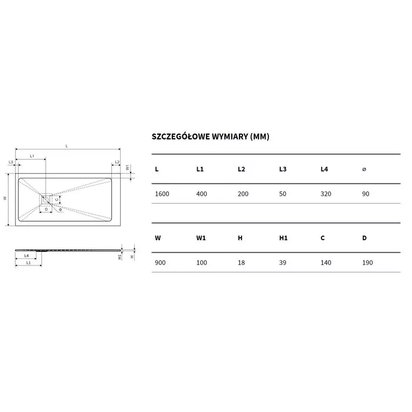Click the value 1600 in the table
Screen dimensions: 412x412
coord(162,194)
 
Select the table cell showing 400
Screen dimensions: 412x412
coord(202,194)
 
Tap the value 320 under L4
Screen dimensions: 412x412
coord(326,194)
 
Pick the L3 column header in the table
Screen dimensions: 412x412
coord(283,170)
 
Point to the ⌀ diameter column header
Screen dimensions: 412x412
coord(364,170)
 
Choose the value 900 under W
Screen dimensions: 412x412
coord(160,263)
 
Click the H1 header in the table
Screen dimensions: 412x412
coord(283,238)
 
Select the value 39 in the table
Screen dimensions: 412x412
coord(283,263)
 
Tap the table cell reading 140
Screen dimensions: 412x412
coord(326,263)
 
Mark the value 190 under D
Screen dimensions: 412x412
coord(368,263)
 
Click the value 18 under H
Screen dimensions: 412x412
coord(241,263)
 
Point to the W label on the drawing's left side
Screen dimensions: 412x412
coord(5,199)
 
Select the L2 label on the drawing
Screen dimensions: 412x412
coord(117,162)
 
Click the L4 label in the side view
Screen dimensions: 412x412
coord(26,255)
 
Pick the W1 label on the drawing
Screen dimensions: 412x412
coord(128,167)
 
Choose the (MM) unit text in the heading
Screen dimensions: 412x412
coord(260,137)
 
